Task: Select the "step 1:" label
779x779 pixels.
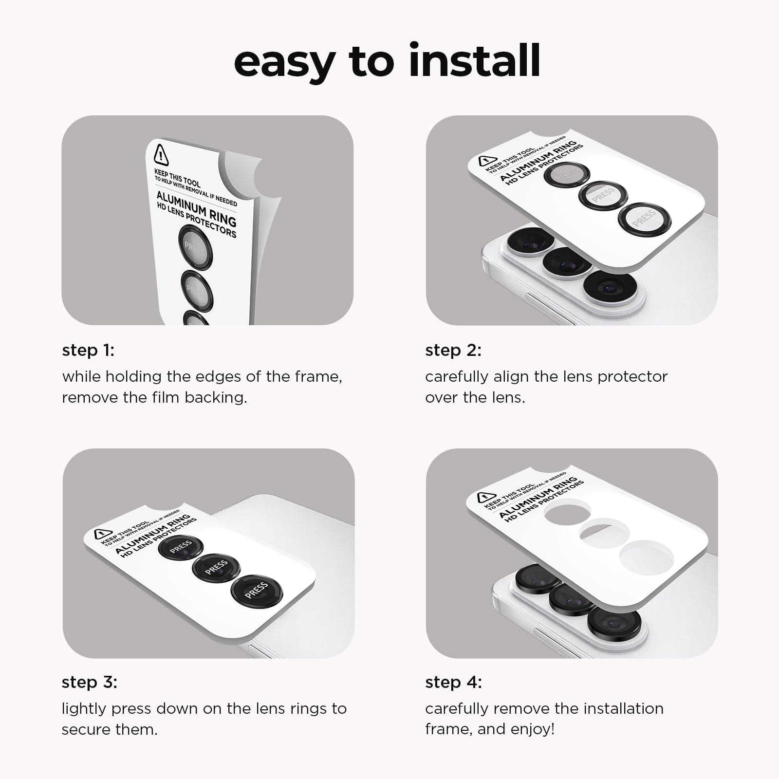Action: pyautogui.click(x=88, y=351)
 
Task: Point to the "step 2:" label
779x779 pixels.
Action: pyautogui.click(x=453, y=351)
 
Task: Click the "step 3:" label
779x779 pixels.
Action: pyautogui.click(x=89, y=683)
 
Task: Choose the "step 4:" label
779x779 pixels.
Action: pyautogui.click(x=453, y=683)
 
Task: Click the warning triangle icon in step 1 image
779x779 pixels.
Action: pyautogui.click(x=161, y=155)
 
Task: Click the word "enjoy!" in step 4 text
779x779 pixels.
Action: pyautogui.click(x=533, y=729)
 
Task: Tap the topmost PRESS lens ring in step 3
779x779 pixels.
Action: pyautogui.click(x=181, y=548)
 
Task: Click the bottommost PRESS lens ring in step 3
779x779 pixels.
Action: pyautogui.click(x=256, y=590)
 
